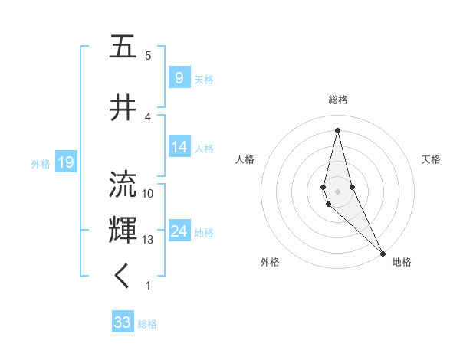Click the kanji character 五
(x=123, y=47)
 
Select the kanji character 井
(x=123, y=109)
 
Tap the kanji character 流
(x=123, y=185)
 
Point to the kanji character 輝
(x=123, y=230)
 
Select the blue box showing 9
(x=179, y=77)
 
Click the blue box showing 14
(x=179, y=147)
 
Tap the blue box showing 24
(x=179, y=231)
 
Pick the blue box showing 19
(x=65, y=162)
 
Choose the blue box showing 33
(x=123, y=322)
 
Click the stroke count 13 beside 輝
(x=148, y=240)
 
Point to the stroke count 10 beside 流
(x=148, y=193)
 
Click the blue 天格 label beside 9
(x=204, y=79)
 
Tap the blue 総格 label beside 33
(x=147, y=324)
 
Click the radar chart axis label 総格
(x=337, y=100)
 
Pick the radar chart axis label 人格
(x=245, y=159)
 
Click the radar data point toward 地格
(x=383, y=253)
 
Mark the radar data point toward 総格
(x=337, y=129)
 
